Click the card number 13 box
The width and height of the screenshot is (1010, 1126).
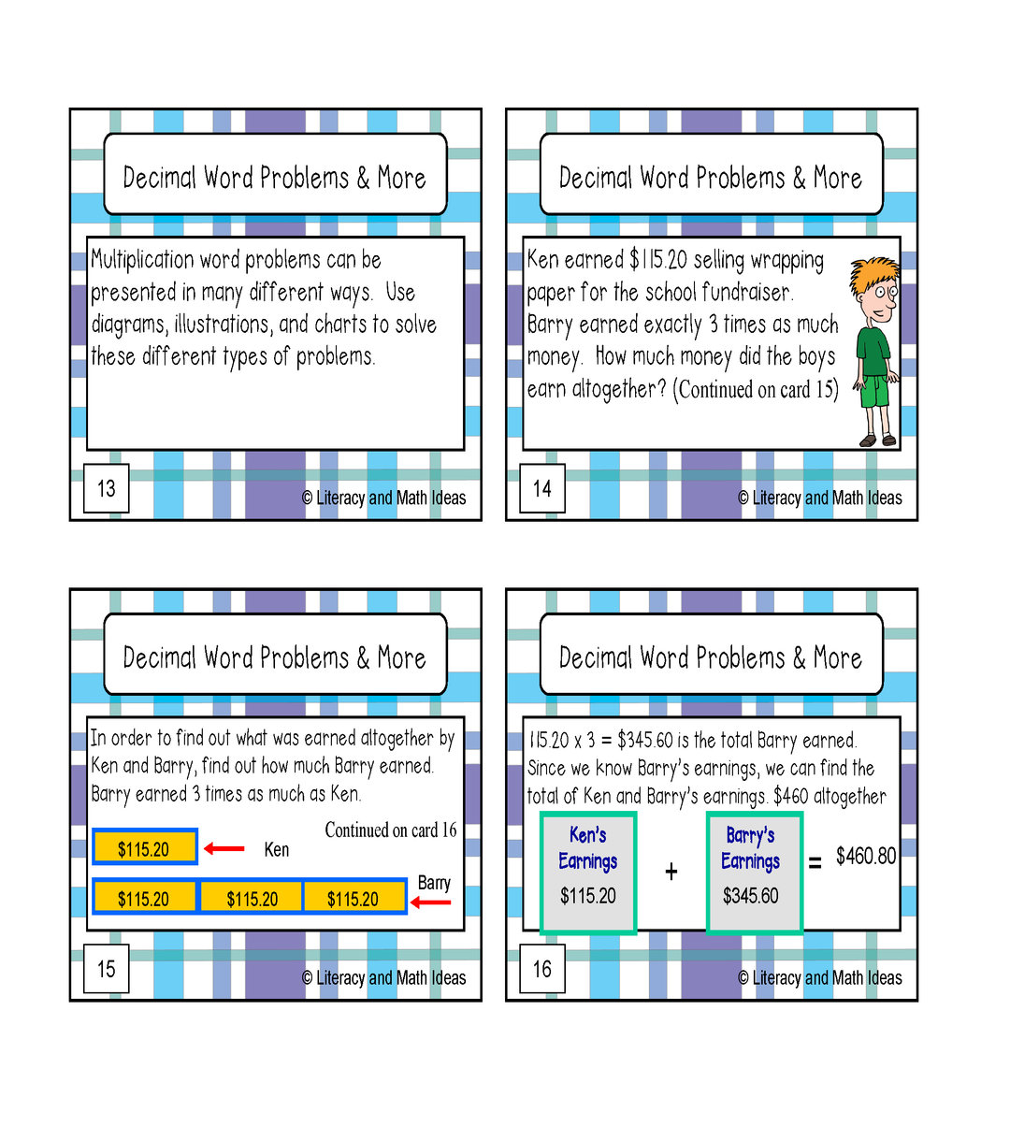tap(107, 488)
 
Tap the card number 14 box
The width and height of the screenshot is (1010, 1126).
tap(542, 488)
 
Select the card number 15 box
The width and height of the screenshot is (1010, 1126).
tap(107, 969)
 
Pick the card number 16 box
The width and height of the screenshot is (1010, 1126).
tap(542, 969)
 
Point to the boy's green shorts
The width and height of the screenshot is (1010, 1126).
tap(875, 391)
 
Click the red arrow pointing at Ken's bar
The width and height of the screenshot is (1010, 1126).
tap(224, 848)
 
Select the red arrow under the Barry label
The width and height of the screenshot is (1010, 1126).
tap(430, 902)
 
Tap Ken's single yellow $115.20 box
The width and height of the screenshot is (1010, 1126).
tap(145, 846)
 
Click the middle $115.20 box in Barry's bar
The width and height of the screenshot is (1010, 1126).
tap(251, 896)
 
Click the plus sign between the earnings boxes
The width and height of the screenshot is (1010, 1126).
tap(671, 872)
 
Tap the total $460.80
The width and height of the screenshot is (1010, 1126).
tap(865, 856)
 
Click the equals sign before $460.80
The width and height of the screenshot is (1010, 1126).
tap(815, 862)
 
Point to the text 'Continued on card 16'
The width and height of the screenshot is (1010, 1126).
tap(390, 830)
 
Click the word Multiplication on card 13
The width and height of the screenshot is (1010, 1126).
tap(143, 261)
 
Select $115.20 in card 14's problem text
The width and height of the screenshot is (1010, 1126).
tap(658, 260)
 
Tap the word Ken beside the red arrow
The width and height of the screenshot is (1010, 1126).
tap(276, 849)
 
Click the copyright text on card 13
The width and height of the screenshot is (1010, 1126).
tap(383, 498)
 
